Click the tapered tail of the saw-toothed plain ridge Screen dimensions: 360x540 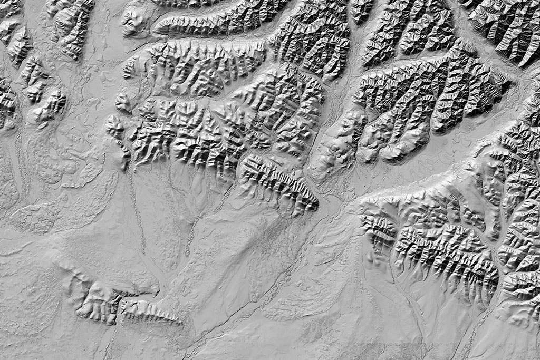click(x=177, y=320)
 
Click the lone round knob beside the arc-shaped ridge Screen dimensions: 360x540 click(x=133, y=21)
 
